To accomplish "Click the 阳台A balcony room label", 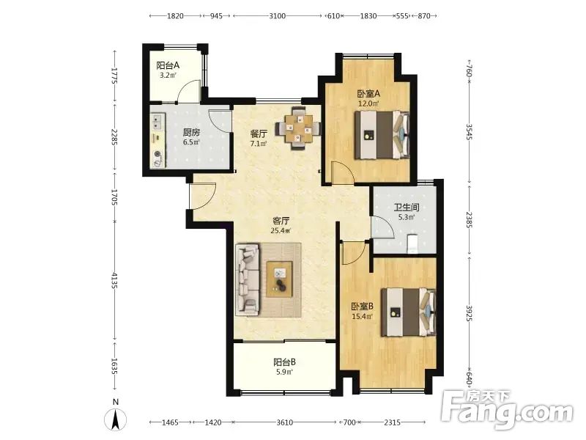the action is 168,65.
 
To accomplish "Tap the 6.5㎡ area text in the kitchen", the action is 191,142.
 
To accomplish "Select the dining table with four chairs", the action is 298,129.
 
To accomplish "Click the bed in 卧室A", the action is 382,135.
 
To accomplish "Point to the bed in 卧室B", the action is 409,312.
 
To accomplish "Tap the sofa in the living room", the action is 248,278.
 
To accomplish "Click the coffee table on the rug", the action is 279,279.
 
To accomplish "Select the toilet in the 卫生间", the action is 412,243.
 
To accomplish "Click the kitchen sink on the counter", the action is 157,122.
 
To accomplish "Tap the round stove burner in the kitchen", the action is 157,153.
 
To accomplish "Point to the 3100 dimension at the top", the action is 278,15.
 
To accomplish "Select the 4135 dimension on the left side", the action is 114,280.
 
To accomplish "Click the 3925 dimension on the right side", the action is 470,313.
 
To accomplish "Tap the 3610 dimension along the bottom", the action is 285,422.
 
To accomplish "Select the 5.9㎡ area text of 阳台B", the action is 284,372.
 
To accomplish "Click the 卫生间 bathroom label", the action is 407,207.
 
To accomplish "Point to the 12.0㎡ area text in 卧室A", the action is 368,103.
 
